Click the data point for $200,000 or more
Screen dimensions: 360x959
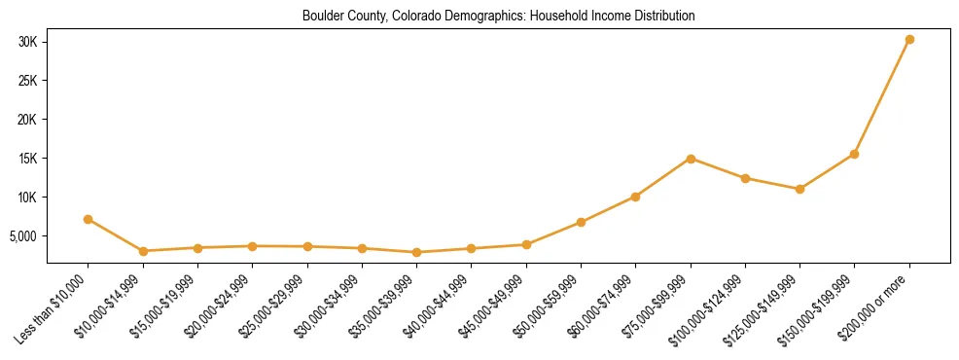(909, 40)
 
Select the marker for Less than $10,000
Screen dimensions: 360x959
(89, 220)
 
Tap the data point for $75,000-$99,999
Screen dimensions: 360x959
(691, 159)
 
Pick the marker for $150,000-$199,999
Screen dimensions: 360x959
(854, 154)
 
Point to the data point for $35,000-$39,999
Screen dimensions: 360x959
(416, 253)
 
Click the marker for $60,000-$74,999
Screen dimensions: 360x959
(635, 197)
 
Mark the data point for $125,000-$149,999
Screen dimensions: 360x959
(799, 189)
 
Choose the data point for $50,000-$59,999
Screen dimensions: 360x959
(581, 223)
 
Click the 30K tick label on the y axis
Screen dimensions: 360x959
(26, 41)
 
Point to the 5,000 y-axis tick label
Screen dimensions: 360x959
(22, 236)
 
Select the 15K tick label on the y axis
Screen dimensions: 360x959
(26, 159)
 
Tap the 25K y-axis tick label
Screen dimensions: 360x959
(26, 81)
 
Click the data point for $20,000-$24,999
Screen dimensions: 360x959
(252, 246)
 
